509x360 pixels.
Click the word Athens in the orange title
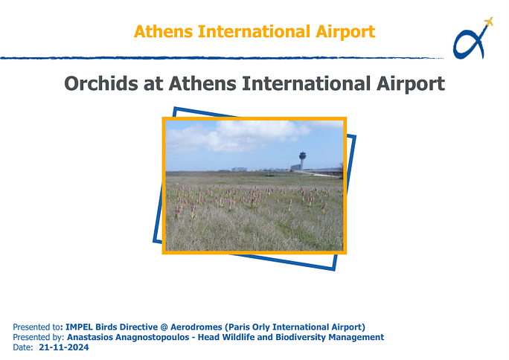(163, 31)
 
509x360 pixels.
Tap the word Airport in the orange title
(346, 33)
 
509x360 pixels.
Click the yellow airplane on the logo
(489, 22)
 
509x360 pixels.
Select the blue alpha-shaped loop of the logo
(467, 45)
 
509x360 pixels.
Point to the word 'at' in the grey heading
(153, 84)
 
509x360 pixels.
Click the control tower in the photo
(302, 160)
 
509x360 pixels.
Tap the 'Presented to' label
(36, 327)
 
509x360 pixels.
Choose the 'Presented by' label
(39, 337)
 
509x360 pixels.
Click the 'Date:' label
(23, 347)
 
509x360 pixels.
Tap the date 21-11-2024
(64, 347)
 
